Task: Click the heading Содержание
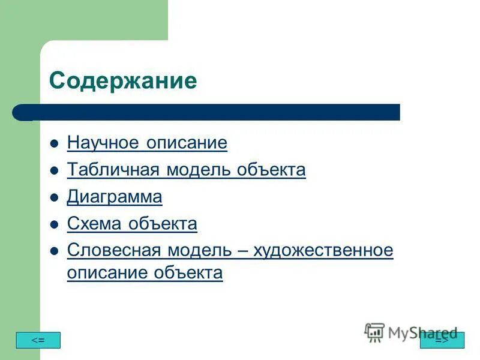[123, 80]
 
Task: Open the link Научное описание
[147, 143]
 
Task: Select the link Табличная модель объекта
[186, 170]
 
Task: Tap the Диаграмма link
[115, 197]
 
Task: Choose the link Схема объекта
[132, 224]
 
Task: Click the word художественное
[323, 250]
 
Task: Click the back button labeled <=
[38, 340]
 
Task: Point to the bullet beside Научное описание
[54, 144]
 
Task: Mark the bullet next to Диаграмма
[54, 198]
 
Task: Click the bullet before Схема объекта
[54, 225]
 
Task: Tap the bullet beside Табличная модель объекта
[54, 171]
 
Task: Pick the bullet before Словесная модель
[54, 251]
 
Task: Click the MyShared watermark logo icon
[374, 332]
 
